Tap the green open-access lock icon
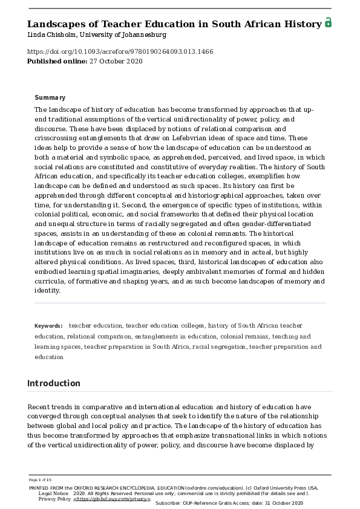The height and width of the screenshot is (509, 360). click(329, 23)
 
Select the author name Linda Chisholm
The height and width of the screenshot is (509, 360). click(51, 35)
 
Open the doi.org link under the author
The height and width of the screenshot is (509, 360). click(120, 52)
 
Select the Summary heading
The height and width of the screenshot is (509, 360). click(50, 97)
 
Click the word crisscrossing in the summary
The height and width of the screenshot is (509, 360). click(54, 138)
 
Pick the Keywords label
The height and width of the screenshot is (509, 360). click(48, 326)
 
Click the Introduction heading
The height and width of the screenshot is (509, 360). click(54, 383)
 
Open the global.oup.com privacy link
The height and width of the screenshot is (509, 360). click(112, 499)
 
